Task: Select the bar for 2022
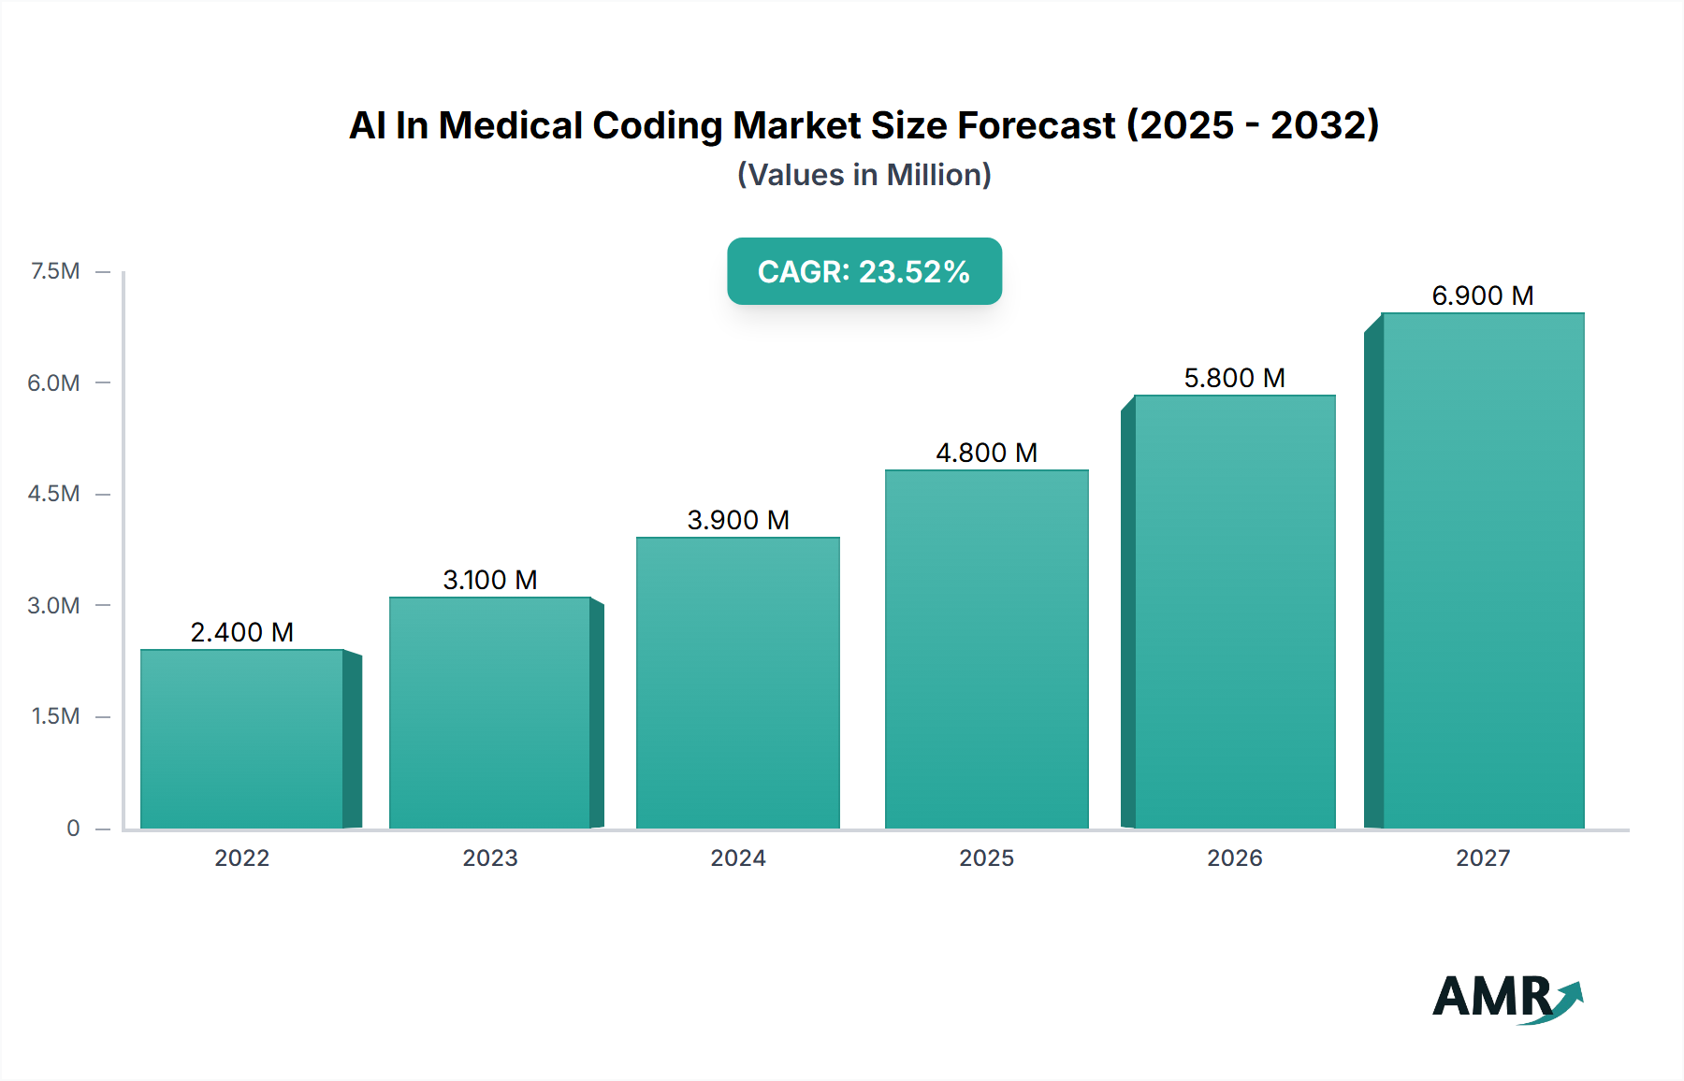(241, 739)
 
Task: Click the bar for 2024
(738, 683)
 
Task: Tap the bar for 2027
(1483, 570)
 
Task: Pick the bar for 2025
(986, 649)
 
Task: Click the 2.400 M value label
(241, 633)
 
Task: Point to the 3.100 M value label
(489, 581)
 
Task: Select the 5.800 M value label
(1234, 379)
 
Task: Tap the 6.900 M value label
(1482, 296)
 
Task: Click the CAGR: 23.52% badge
(864, 271)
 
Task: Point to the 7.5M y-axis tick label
(55, 271)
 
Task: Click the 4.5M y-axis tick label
(53, 494)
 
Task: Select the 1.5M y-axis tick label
(55, 716)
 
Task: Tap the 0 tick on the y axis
(73, 829)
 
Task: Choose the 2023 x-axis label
(489, 858)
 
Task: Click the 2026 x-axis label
(1234, 858)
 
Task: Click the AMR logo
(1506, 998)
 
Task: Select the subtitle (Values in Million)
(864, 175)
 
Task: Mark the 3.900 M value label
(738, 521)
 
